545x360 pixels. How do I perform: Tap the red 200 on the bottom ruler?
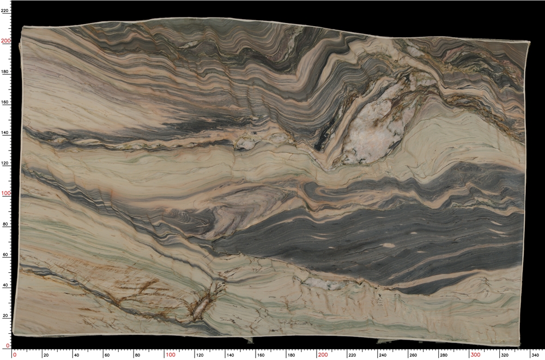(x=323, y=355)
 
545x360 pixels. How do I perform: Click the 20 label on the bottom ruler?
(x=46, y=355)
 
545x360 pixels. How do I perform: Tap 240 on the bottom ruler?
(x=383, y=355)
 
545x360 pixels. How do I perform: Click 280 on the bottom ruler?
(x=444, y=355)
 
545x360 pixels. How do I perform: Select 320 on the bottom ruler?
(x=505, y=355)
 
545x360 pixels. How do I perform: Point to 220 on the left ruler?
(x=5, y=10)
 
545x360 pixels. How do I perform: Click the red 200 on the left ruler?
(x=5, y=40)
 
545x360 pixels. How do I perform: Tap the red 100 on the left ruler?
(x=5, y=193)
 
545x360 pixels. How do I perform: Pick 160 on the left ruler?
(x=5, y=101)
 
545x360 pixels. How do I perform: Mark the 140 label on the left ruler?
(x=5, y=132)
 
